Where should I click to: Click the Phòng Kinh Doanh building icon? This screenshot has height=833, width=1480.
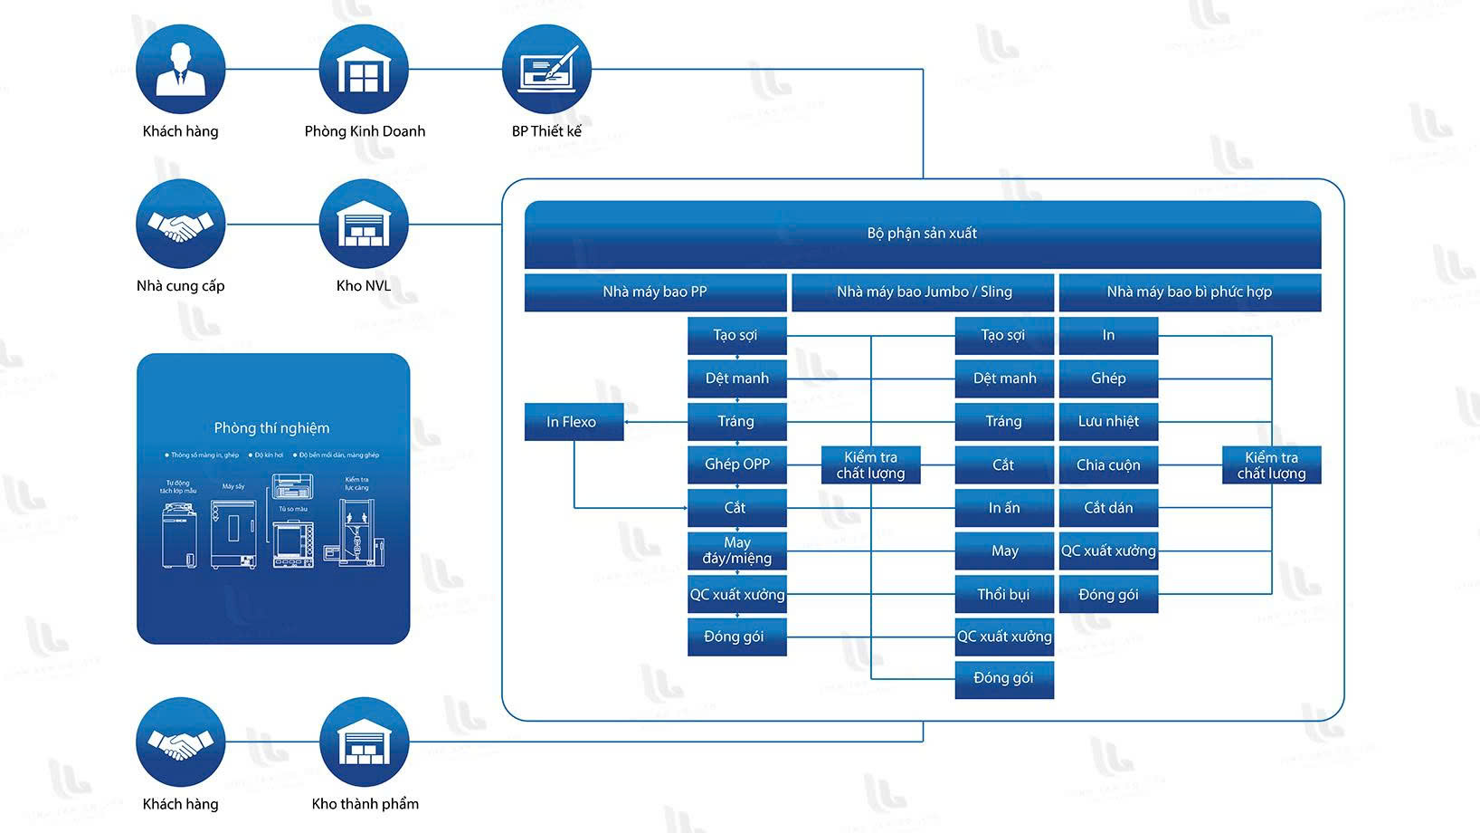coord(364,70)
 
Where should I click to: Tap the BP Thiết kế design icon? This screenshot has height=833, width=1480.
coord(546,70)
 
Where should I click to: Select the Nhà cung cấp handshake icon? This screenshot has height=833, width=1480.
coord(181,224)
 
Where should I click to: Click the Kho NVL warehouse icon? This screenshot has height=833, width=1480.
coord(364,224)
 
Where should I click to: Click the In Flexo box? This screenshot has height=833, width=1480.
coord(574,422)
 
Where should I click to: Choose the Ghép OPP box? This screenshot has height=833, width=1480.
coord(736,464)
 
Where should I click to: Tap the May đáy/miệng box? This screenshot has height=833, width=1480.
coord(736,551)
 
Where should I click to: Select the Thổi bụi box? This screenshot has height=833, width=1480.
coord(1004,595)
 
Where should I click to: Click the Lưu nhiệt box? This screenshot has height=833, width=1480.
coord(1108,422)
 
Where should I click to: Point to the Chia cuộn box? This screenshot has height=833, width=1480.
coord(1108,465)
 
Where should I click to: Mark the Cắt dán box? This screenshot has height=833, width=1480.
coord(1108,508)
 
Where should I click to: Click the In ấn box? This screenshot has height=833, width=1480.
coord(1004,508)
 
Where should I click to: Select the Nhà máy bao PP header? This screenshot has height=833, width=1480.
coord(655,292)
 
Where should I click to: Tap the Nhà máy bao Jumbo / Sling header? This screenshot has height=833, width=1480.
coord(923,292)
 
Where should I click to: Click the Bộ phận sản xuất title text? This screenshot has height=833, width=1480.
coord(922,234)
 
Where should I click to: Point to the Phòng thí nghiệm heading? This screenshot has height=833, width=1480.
coord(271,428)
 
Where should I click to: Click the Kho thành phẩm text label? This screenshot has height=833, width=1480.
coord(365,804)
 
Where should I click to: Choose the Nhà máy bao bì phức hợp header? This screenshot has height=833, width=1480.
coord(1190,292)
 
